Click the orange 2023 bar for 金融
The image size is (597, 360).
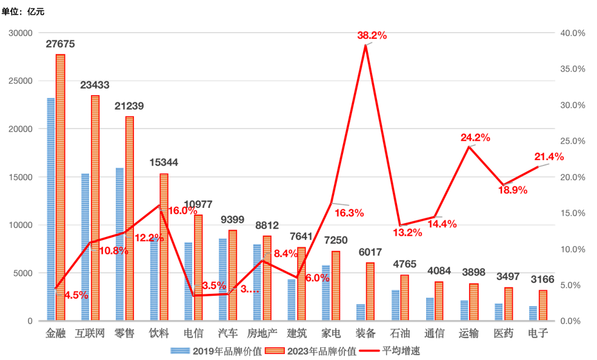60,187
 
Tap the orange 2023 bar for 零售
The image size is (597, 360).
129,218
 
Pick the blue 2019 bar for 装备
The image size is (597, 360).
361,312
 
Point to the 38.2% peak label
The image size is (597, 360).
372,36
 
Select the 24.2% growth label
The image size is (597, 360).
475,138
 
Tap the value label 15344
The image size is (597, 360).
164,162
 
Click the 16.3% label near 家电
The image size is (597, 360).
349,213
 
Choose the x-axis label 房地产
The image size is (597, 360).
262,333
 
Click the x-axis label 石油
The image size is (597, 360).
400,333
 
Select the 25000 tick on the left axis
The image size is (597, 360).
21,81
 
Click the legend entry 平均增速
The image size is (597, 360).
401,351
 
